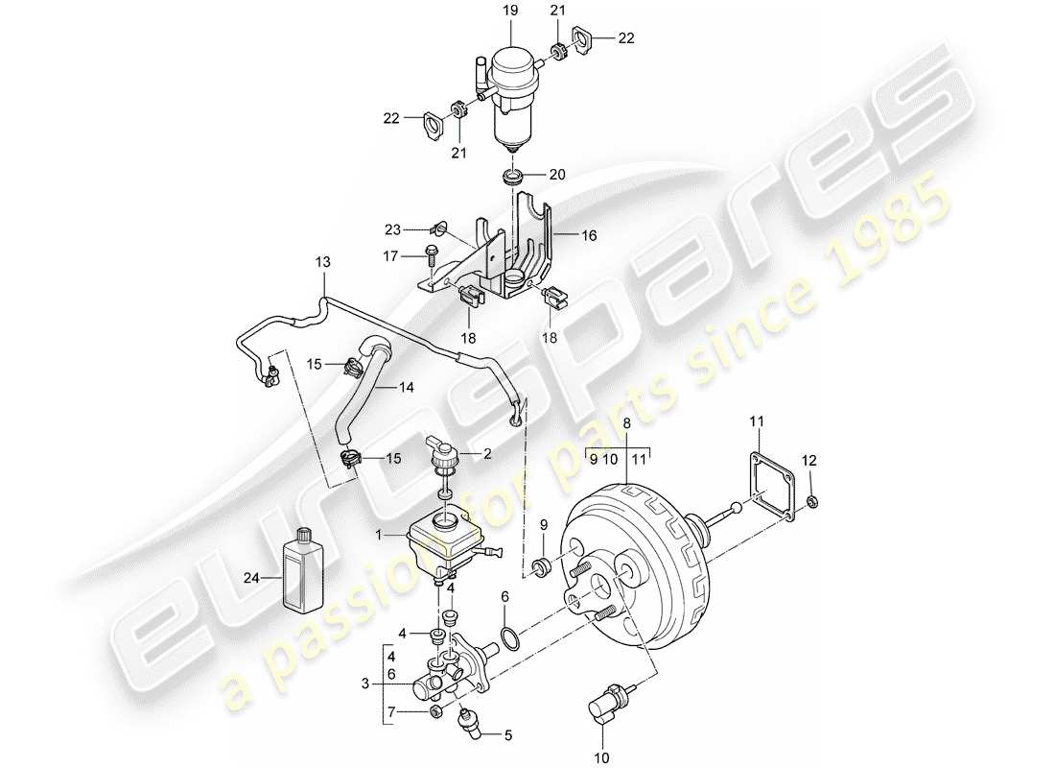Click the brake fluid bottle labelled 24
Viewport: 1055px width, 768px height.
click(302, 572)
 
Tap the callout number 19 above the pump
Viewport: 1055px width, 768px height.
click(509, 12)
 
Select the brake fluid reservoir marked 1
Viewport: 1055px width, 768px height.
click(442, 542)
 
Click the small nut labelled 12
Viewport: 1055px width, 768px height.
click(812, 501)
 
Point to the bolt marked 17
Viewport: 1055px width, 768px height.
click(431, 256)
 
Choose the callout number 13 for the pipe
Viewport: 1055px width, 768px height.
click(321, 262)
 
